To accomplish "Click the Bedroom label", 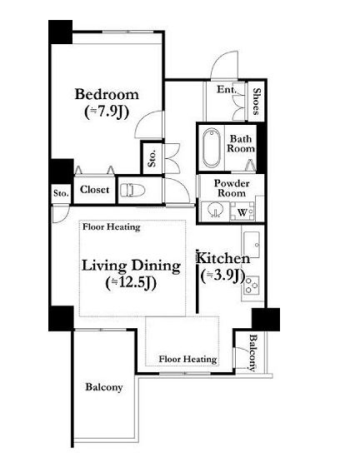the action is [107, 94].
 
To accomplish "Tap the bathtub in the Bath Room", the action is [212, 147].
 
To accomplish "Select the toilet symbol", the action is [132, 190].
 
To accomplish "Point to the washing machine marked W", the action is [242, 212].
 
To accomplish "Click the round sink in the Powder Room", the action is [215, 210].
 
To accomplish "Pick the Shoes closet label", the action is [257, 102].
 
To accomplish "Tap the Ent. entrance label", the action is [226, 89].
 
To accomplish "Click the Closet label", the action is [94, 190].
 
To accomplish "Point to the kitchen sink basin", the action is [252, 245].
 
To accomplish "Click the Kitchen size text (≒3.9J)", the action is [222, 276].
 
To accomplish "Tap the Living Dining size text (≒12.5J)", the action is [131, 282].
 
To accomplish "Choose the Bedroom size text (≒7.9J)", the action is [107, 112].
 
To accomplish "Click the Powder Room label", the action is [232, 188].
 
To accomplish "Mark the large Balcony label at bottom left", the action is [103, 387].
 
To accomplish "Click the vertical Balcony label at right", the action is [253, 353].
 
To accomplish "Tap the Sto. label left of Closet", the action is [61, 193].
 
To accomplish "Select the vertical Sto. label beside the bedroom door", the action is [152, 158].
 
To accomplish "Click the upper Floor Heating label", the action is [112, 227].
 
